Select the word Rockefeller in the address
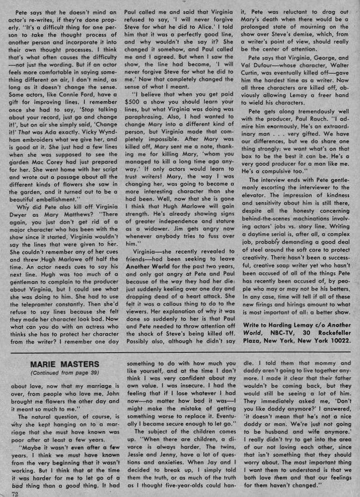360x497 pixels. point(330,332)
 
